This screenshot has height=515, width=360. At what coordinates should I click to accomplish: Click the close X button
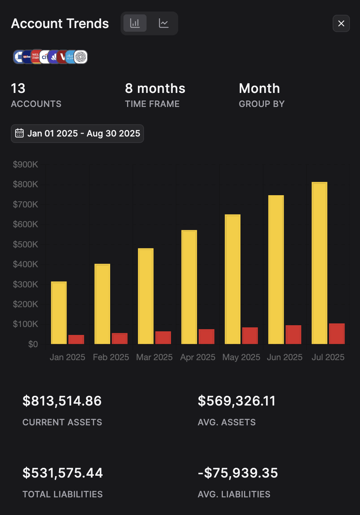(x=341, y=23)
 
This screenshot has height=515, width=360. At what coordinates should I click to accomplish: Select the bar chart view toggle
(x=135, y=23)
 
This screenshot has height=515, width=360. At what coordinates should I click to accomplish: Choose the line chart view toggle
(x=164, y=23)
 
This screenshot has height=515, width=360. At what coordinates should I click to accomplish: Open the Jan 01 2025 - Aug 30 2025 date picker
(x=77, y=134)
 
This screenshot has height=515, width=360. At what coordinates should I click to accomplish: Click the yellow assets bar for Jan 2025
(x=59, y=313)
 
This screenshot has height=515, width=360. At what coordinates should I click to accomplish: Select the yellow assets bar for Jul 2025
(x=319, y=263)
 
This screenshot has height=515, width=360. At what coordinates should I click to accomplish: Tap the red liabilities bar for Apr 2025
(x=206, y=336)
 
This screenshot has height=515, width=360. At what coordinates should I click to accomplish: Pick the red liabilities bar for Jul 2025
(x=337, y=333)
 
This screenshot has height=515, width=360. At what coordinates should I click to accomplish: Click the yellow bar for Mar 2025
(x=145, y=296)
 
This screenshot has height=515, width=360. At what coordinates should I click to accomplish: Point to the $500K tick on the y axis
(x=26, y=244)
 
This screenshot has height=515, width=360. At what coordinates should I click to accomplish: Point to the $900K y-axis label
(x=26, y=165)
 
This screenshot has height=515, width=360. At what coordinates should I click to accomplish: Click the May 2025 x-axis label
(x=241, y=357)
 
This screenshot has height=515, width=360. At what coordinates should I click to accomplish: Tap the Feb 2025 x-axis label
(x=111, y=357)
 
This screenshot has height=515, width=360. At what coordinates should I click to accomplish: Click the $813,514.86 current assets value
(x=62, y=401)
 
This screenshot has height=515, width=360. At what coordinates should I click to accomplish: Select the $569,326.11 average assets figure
(x=237, y=401)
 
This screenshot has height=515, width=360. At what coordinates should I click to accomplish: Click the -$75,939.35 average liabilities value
(x=238, y=473)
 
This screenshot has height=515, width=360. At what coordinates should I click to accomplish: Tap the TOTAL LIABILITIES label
(x=63, y=494)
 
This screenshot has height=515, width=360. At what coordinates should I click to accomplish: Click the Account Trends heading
(x=60, y=23)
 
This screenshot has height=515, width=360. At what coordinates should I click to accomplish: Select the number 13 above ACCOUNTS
(x=18, y=88)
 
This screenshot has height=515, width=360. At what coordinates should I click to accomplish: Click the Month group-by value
(x=259, y=88)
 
